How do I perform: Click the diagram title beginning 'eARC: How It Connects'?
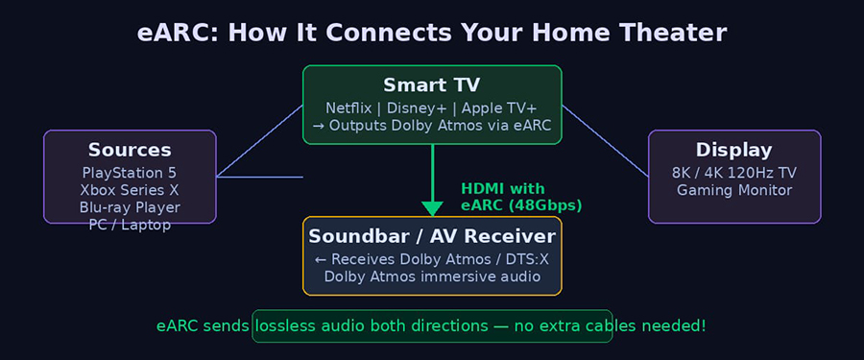(x=432, y=33)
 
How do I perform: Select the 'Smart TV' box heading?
(x=432, y=84)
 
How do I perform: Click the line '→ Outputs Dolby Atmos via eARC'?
(x=432, y=126)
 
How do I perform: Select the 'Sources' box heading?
(x=130, y=150)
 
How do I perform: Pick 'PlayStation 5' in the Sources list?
(x=130, y=173)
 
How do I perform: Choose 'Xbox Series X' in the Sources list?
(x=130, y=190)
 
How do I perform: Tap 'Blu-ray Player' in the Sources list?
(x=130, y=207)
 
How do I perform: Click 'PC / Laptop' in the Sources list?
(x=130, y=225)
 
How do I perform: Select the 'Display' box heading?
(x=734, y=150)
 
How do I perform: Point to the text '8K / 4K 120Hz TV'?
(x=734, y=173)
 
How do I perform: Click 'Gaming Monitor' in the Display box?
(x=734, y=190)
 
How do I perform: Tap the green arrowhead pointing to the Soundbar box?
(x=432, y=208)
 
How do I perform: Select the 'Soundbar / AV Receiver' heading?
(x=432, y=236)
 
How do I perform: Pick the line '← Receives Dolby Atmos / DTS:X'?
(x=432, y=259)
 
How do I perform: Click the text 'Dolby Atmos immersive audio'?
(x=432, y=276)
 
